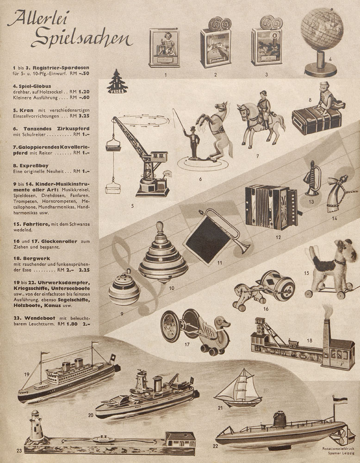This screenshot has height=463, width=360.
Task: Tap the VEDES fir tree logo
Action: tap(118, 82)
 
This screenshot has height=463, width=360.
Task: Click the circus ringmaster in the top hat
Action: tap(193, 143)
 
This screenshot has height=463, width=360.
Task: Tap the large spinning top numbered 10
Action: tap(163, 252)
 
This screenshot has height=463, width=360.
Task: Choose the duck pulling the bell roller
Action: tap(214, 334)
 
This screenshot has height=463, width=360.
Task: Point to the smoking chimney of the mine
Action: tap(326, 339)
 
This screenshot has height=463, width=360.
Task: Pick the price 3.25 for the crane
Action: tap(84, 116)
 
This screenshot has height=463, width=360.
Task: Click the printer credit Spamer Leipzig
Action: tap(341, 453)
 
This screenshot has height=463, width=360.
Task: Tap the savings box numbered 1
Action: tap(164, 48)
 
